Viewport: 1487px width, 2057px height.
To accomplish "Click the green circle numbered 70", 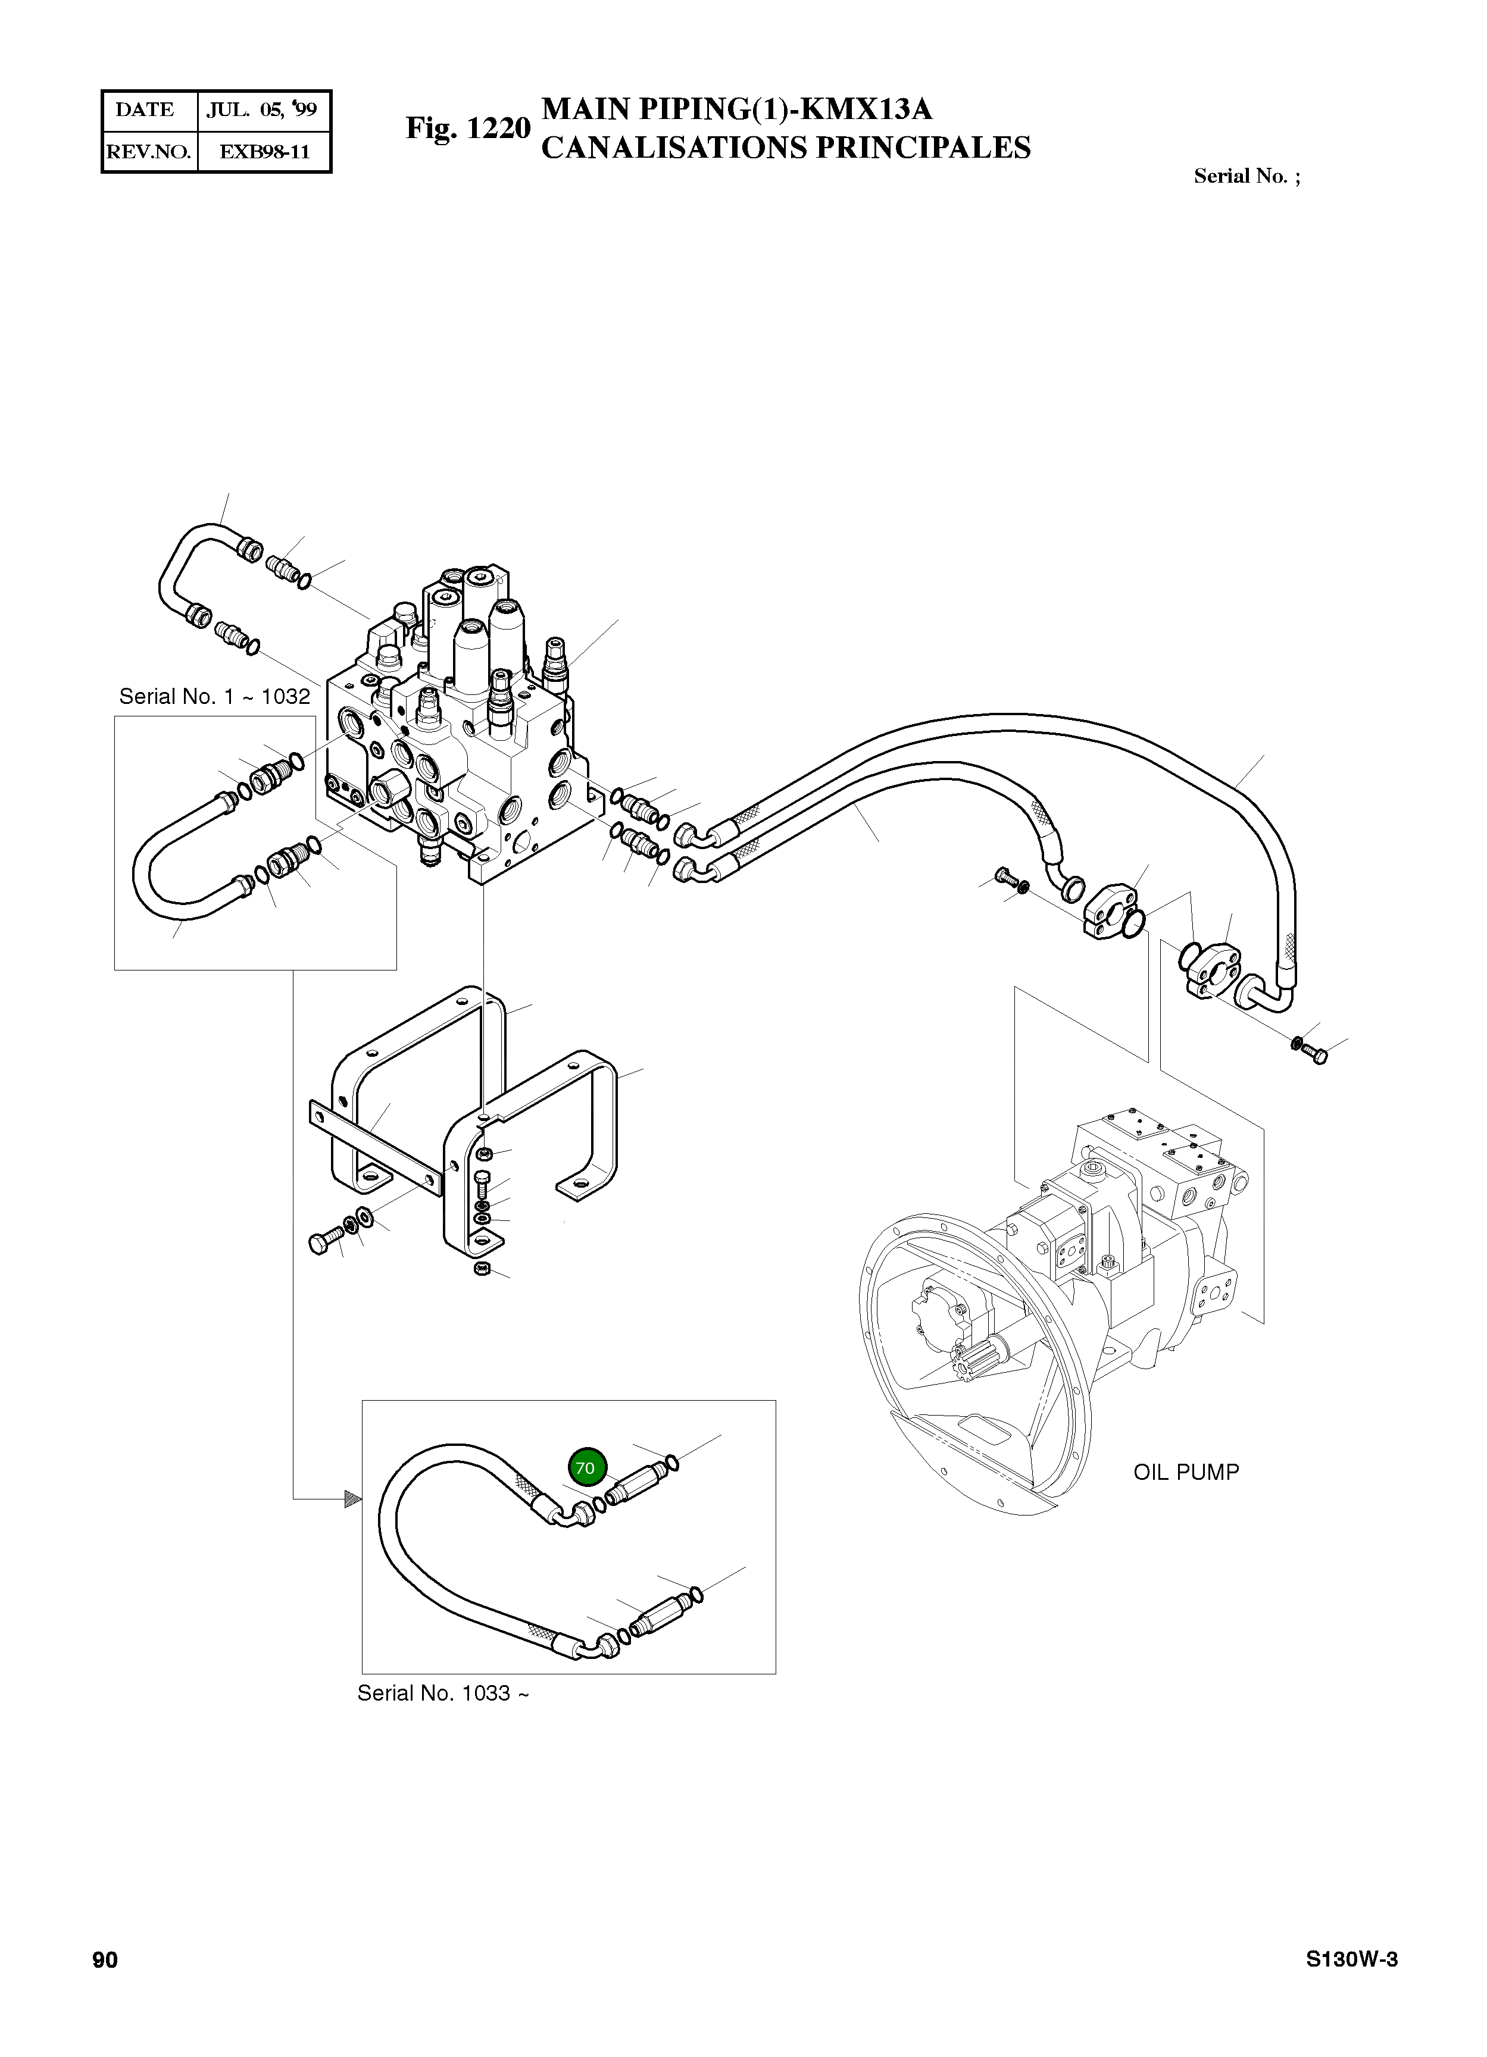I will click(x=586, y=1467).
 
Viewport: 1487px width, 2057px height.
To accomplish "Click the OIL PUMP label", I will click(x=1185, y=1472).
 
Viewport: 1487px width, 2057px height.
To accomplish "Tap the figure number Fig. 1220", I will click(x=467, y=128).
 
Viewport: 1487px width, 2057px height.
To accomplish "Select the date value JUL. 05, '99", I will click(x=262, y=109).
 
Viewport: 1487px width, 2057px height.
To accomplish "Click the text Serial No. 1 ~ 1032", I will click(x=214, y=697).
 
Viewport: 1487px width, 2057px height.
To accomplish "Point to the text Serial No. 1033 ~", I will click(x=443, y=1693).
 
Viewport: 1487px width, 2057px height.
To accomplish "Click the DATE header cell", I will click(x=145, y=109).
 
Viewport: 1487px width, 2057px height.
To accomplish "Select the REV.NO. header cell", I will click(x=148, y=152).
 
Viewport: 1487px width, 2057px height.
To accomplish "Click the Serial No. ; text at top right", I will click(x=1247, y=176).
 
